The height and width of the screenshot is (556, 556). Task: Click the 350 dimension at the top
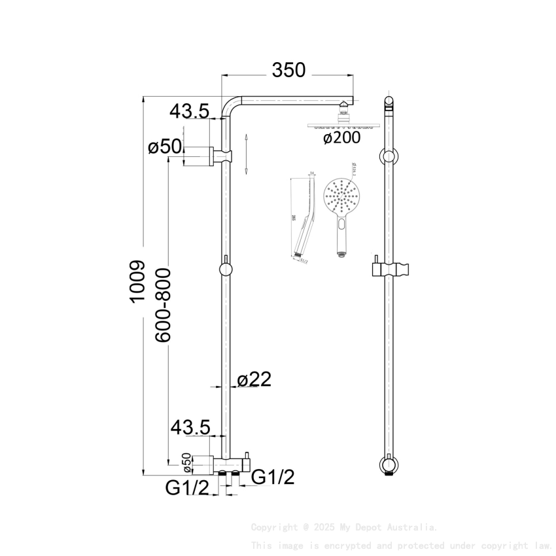pos(289,70)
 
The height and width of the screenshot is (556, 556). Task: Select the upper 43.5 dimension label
pos(189,112)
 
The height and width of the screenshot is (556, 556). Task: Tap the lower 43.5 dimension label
pos(190,428)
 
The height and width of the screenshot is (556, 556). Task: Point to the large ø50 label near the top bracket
pos(165,147)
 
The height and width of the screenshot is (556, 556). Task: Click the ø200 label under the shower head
pos(342,138)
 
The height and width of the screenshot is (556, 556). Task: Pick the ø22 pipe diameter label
pos(254,380)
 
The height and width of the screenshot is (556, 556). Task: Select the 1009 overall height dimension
pos(136,282)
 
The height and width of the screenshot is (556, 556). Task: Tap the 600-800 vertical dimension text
pos(163,304)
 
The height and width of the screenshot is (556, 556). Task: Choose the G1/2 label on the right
pos(273,478)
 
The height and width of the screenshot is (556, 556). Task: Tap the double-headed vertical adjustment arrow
pos(246,154)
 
